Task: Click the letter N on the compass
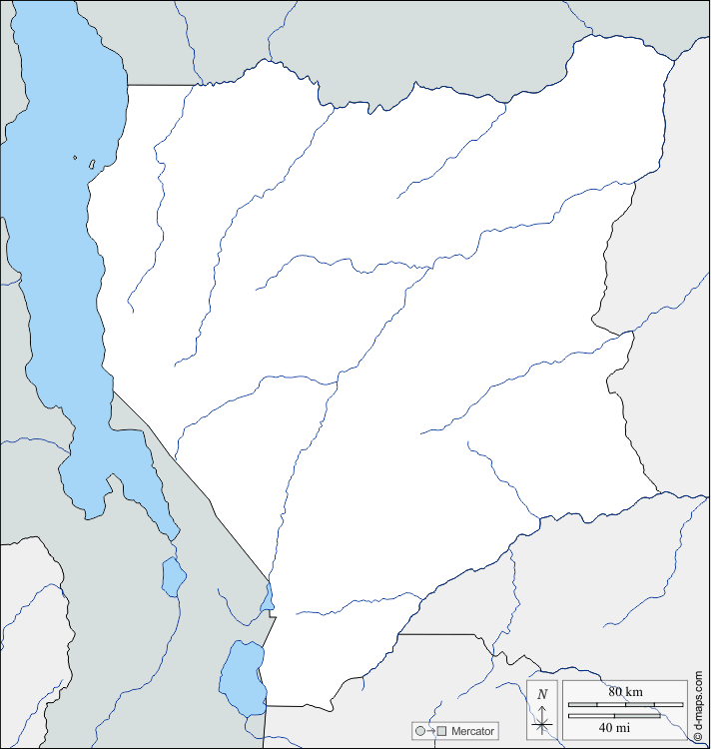[542, 694]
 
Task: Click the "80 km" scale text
[625, 691]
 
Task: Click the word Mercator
[472, 731]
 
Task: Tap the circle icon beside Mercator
[420, 731]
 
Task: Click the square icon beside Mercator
[441, 731]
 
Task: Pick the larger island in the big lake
[92, 163]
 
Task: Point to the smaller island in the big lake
[75, 157]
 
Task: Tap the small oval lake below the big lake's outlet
[174, 576]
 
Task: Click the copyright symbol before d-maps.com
[701, 737]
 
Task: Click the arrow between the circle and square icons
[430, 731]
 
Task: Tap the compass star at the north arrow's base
[542, 726]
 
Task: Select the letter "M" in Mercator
[455, 731]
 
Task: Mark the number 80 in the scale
[615, 691]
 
